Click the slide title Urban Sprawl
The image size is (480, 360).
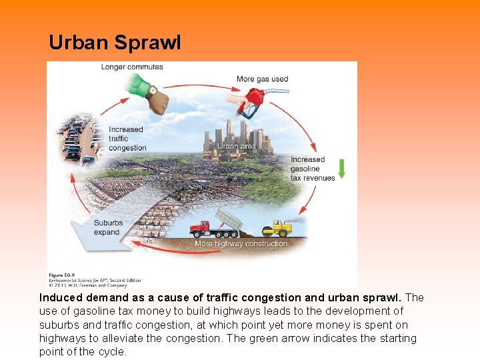pyautogui.click(x=115, y=43)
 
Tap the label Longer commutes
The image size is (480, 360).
pyautogui.click(x=132, y=67)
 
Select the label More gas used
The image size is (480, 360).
pyautogui.click(x=262, y=79)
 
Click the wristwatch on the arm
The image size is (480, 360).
pyautogui.click(x=153, y=91)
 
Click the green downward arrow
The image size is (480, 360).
pyautogui.click(x=342, y=168)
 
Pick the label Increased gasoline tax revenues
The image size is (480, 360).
pyautogui.click(x=312, y=169)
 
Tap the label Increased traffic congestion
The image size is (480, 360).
pyautogui.click(x=127, y=139)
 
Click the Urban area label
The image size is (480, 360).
pyautogui.click(x=237, y=146)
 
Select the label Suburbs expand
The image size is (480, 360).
pyautogui.click(x=107, y=227)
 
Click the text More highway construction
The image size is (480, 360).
pyautogui.click(x=241, y=244)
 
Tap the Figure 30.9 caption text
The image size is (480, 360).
pyautogui.click(x=63, y=274)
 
